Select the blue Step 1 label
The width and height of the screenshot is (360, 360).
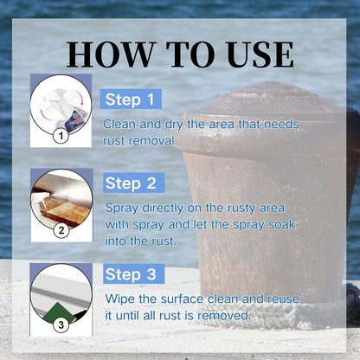point(131,100)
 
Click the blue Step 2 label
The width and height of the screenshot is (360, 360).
point(133,183)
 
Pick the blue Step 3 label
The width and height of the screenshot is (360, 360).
point(133,273)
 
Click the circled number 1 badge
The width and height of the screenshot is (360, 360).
point(61,136)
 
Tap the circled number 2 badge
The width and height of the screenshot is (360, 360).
point(61,230)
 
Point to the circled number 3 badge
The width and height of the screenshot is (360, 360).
point(61,325)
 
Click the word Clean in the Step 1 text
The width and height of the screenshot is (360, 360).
point(119,124)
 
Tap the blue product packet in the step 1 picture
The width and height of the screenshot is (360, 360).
point(75,119)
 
